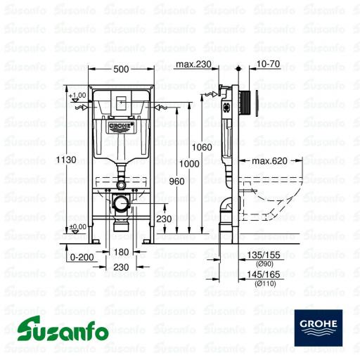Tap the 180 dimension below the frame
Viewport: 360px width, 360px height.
(x=122, y=252)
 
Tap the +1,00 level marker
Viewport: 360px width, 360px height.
(x=77, y=95)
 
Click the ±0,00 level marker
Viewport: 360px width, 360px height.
(x=77, y=226)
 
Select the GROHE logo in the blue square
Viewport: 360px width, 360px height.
(x=318, y=324)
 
